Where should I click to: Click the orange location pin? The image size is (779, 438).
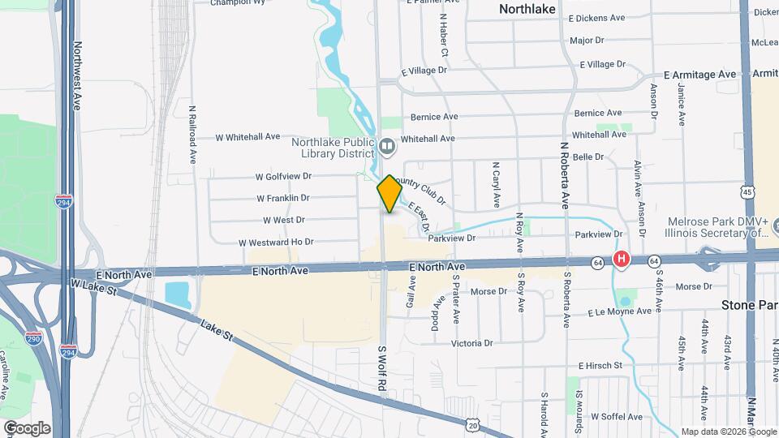pyautogui.click(x=389, y=193)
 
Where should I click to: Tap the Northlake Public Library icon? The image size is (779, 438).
pyautogui.click(x=386, y=147)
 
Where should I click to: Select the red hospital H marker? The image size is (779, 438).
pyautogui.click(x=621, y=260)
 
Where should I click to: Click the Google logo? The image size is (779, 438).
pyautogui.click(x=27, y=428)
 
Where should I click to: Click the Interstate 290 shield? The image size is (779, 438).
pyautogui.click(x=33, y=337)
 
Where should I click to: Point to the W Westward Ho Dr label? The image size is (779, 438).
pyautogui.click(x=276, y=242)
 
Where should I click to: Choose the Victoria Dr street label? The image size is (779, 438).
pyautogui.click(x=472, y=343)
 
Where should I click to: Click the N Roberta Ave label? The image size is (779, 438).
pyautogui.click(x=563, y=178)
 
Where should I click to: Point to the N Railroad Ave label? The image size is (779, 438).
pyautogui.click(x=193, y=134)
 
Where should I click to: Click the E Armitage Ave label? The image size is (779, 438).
pyautogui.click(x=699, y=75)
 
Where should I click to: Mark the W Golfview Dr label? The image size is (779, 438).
pyautogui.click(x=283, y=176)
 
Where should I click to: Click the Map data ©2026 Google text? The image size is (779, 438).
pyautogui.click(x=727, y=432)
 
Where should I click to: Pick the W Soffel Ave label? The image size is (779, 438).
pyautogui.click(x=616, y=417)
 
